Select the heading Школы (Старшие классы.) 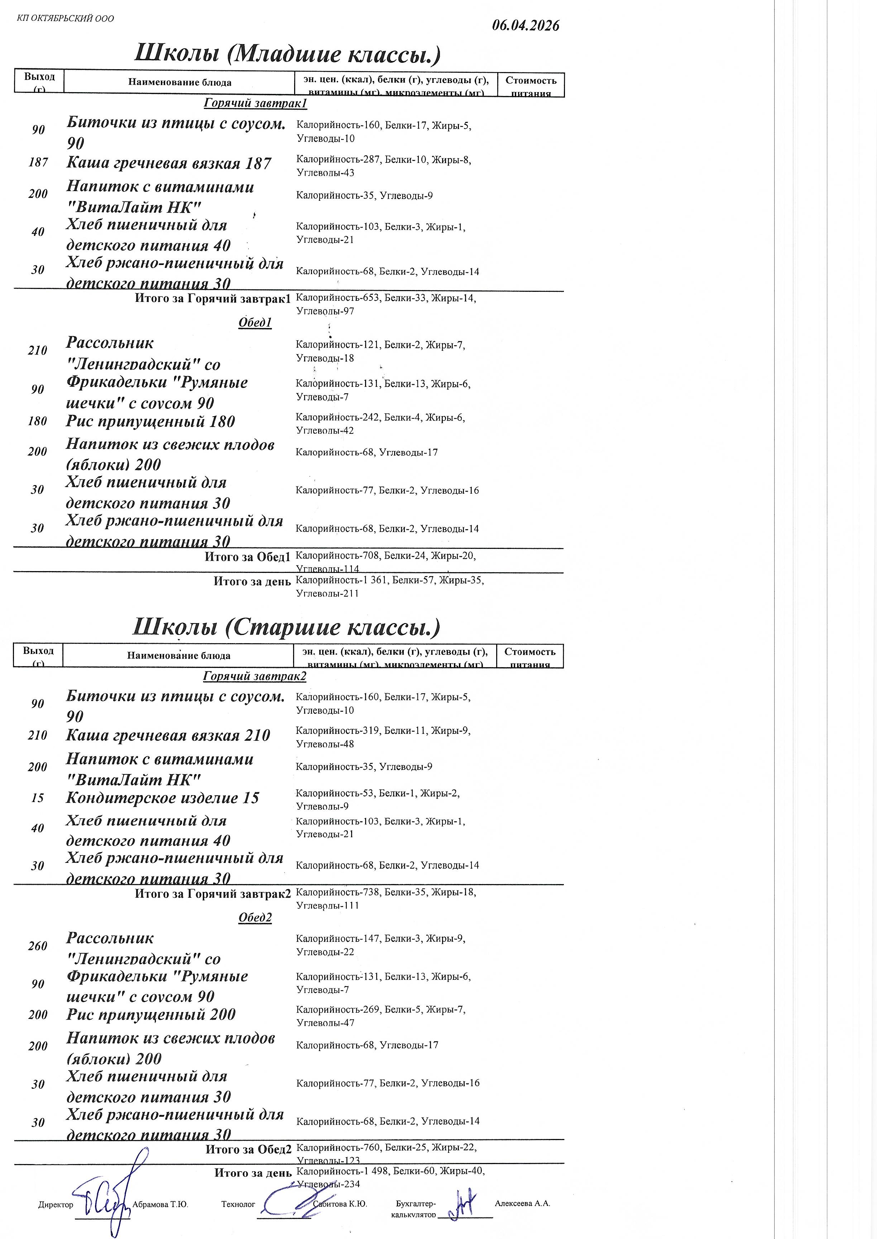point(286,627)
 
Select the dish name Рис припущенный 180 point(151,422)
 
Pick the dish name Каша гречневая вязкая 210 point(168,735)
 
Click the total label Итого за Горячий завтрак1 point(213,298)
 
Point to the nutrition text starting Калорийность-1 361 point(389,587)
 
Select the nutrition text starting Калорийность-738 point(385,898)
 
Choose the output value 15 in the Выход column point(38,798)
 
